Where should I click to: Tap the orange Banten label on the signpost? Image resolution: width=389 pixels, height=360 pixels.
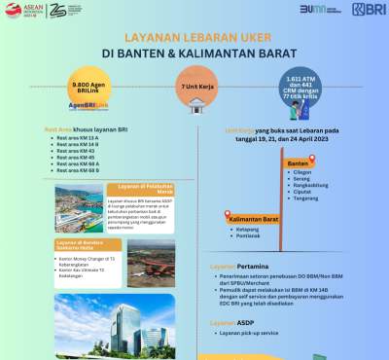tap(298, 162)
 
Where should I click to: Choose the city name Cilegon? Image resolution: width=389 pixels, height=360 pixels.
tap(303, 173)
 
